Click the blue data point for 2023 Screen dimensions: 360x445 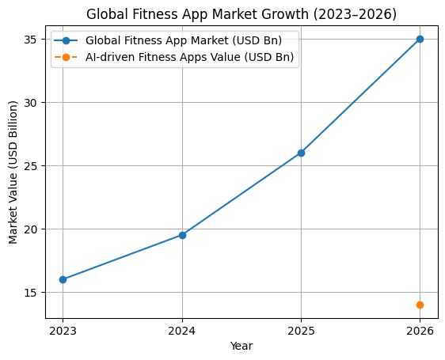(63, 279)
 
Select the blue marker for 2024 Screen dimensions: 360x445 (182, 235)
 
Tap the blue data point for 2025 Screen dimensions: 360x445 (301, 153)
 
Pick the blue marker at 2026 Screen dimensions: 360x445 (420, 39)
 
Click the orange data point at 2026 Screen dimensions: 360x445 (420, 305)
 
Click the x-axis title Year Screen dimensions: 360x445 (242, 346)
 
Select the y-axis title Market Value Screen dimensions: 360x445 (13, 172)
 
